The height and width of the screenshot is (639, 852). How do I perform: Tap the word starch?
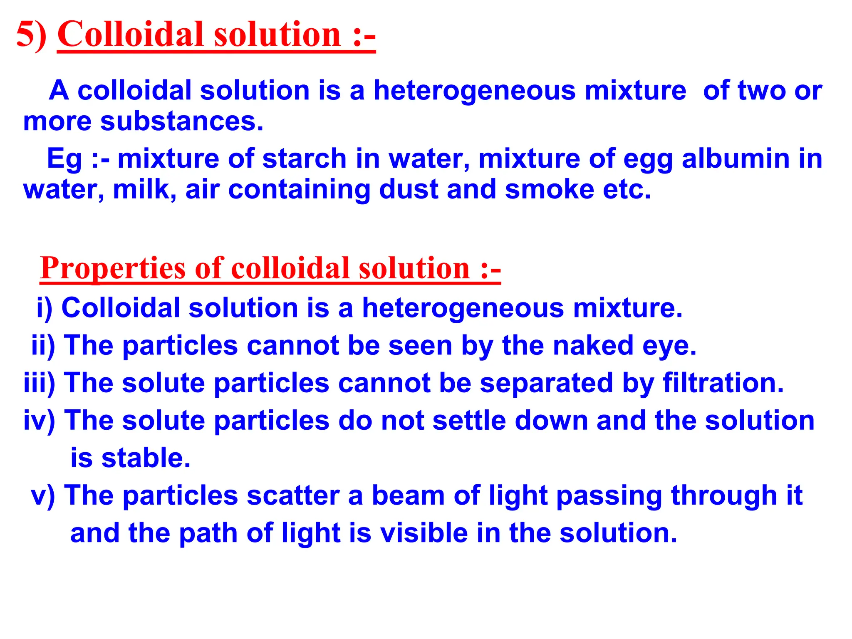(x=305, y=159)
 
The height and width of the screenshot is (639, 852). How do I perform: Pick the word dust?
(x=409, y=190)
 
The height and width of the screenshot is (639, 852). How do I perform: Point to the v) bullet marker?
(x=43, y=495)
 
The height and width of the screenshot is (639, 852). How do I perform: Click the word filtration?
(x=723, y=383)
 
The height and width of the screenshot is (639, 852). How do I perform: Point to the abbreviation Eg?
(x=64, y=160)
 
